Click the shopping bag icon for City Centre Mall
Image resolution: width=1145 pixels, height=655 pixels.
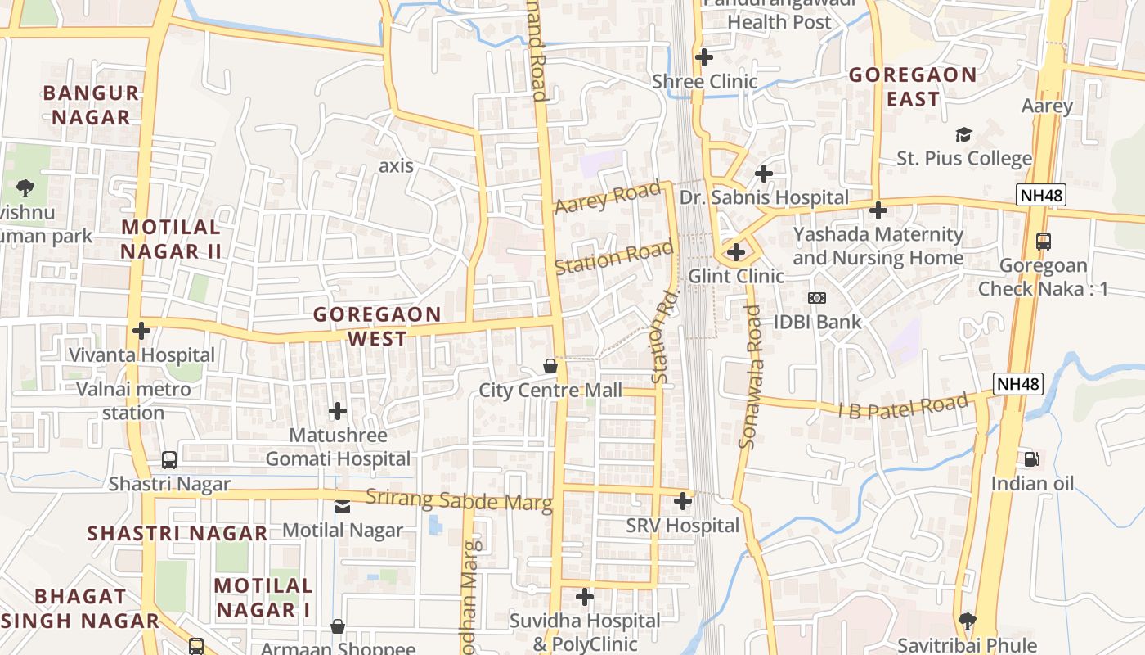click(x=550, y=365)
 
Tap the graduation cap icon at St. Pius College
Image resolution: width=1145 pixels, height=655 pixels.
click(x=963, y=134)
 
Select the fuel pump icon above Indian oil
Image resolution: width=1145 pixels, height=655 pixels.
click(x=1031, y=459)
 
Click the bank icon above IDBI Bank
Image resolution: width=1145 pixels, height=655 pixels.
click(x=816, y=298)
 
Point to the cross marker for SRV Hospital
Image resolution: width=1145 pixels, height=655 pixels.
click(x=683, y=501)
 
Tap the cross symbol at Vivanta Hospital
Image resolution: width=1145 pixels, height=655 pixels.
click(x=141, y=331)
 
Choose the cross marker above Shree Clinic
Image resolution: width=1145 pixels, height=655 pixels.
click(x=703, y=57)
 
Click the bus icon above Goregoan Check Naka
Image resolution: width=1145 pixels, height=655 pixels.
click(x=1043, y=242)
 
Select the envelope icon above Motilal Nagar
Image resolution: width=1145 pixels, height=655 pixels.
click(x=343, y=507)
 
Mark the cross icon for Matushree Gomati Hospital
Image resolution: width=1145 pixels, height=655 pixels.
click(x=337, y=410)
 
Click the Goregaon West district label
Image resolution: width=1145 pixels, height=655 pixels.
click(x=377, y=326)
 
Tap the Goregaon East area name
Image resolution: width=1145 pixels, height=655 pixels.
click(x=913, y=87)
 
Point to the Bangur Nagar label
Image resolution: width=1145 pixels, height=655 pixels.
click(x=91, y=105)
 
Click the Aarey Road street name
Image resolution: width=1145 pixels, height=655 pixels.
click(x=607, y=198)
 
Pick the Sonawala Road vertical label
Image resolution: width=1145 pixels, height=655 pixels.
click(x=749, y=377)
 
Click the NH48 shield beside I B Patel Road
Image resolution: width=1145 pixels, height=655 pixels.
click(x=1018, y=383)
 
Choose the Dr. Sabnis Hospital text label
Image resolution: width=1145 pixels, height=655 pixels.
click(x=764, y=197)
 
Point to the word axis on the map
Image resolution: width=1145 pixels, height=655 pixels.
click(x=396, y=166)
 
